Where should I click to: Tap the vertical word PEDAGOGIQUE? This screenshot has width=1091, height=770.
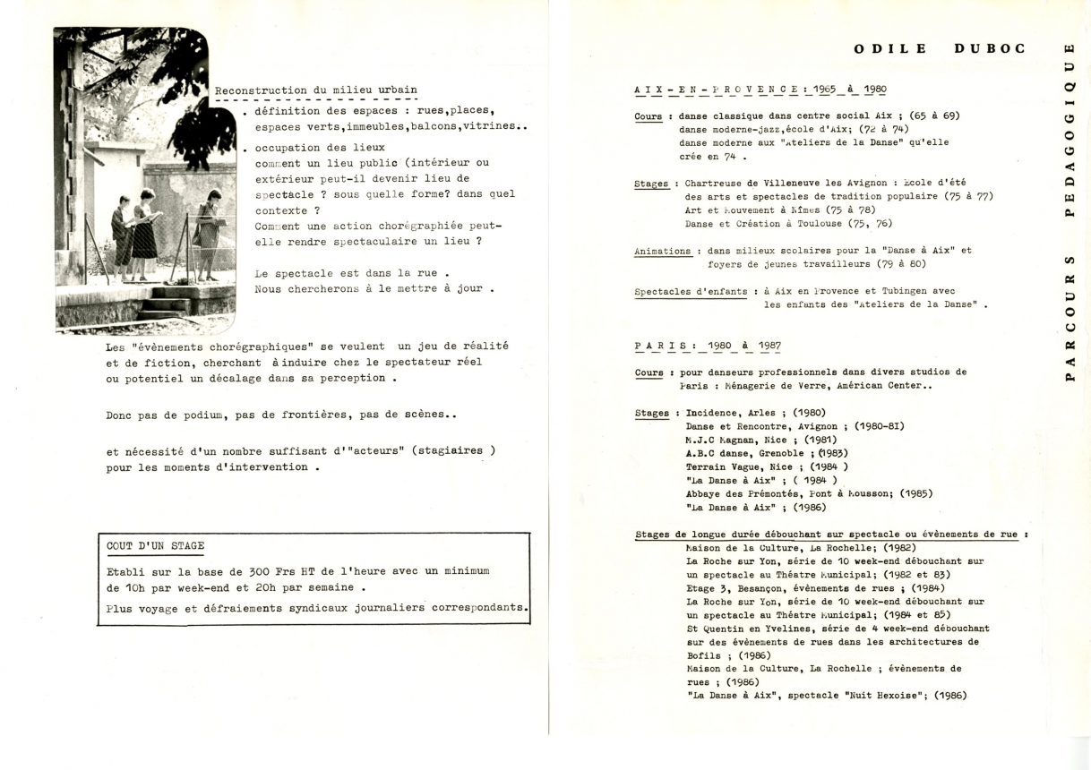click(1069, 130)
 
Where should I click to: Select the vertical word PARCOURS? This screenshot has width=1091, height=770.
click(1069, 317)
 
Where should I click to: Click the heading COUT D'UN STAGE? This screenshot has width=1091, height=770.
click(155, 545)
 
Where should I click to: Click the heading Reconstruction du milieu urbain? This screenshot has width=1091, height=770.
click(315, 90)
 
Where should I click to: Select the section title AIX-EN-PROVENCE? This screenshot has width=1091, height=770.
click(716, 90)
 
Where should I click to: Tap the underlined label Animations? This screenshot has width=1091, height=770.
click(663, 252)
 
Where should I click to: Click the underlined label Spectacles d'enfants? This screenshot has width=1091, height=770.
click(691, 291)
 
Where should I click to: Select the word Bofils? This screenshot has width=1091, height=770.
click(703, 655)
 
